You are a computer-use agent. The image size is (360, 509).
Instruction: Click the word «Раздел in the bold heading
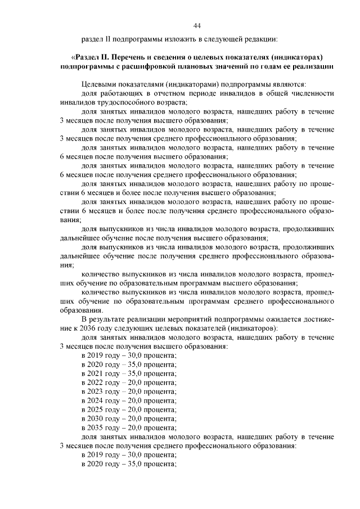pos(87,57)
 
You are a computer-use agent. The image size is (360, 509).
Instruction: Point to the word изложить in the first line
pos(178,39)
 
